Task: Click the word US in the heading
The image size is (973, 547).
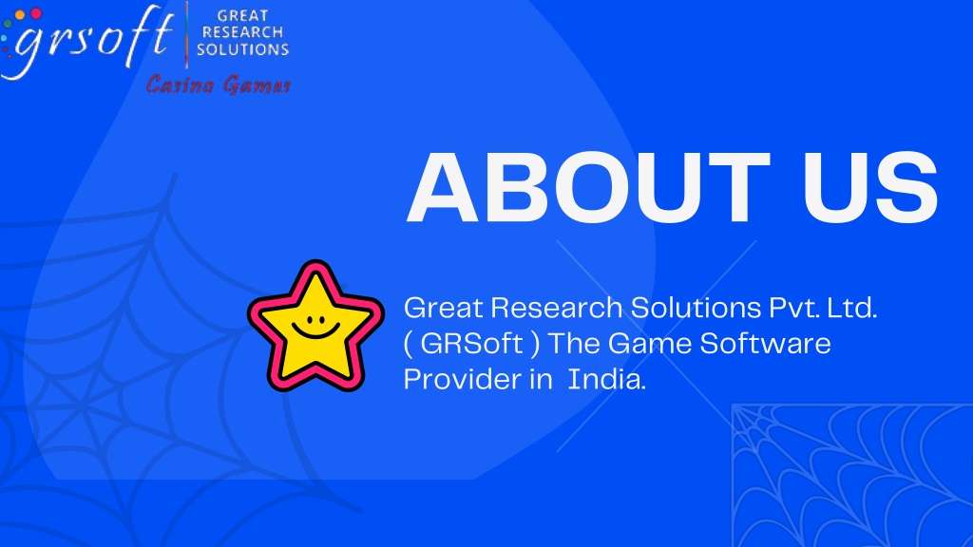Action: point(870,187)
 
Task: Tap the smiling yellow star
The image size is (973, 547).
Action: point(315,326)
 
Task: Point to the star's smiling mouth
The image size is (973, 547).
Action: point(315,330)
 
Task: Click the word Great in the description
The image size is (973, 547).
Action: point(444,308)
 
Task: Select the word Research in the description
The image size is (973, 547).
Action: point(557,308)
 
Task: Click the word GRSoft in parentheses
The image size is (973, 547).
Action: point(471,344)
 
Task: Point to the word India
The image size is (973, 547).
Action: point(606,379)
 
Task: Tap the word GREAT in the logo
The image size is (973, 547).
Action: point(242,15)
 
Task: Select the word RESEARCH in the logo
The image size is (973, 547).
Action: point(242,32)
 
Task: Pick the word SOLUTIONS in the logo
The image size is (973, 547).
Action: point(242,49)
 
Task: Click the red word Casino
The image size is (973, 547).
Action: point(181,85)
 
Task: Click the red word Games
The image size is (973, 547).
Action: point(257,85)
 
